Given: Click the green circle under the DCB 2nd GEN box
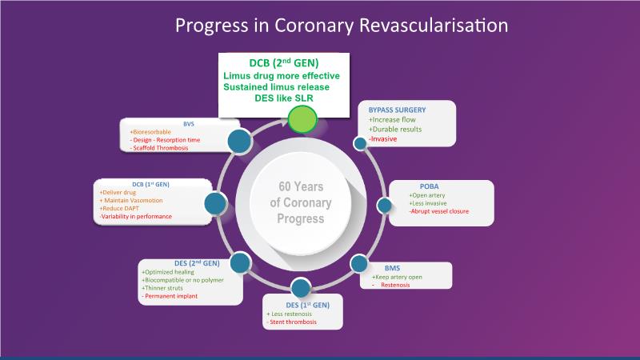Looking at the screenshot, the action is pos(302,119).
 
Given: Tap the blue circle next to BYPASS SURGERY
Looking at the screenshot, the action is pos(360,143).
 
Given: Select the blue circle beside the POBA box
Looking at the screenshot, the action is pos(384,206).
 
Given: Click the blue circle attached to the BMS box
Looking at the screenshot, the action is pos(359,264).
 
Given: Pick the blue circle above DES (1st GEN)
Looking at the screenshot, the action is pos(301,288).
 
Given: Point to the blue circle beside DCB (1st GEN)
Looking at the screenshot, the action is pos(215,203).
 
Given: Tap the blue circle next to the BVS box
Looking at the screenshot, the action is pos(239,142).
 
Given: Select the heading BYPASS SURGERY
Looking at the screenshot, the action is pos(397,110).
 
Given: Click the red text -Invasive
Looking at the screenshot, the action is pos(382,138).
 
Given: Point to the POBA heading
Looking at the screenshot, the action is pos(429,186).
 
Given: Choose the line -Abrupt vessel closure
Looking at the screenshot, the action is pos(438,211).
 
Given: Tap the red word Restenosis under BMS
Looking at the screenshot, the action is pos(395,285).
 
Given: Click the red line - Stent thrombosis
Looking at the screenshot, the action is pos(291,322).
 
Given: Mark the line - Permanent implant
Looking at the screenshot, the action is pos(170,296).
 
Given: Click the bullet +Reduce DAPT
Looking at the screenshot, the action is pos(119,209).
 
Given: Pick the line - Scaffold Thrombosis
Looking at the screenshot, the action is pos(158,148).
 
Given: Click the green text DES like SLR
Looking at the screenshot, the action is pos(284,98).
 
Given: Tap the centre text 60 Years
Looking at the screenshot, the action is pos(301,186).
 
